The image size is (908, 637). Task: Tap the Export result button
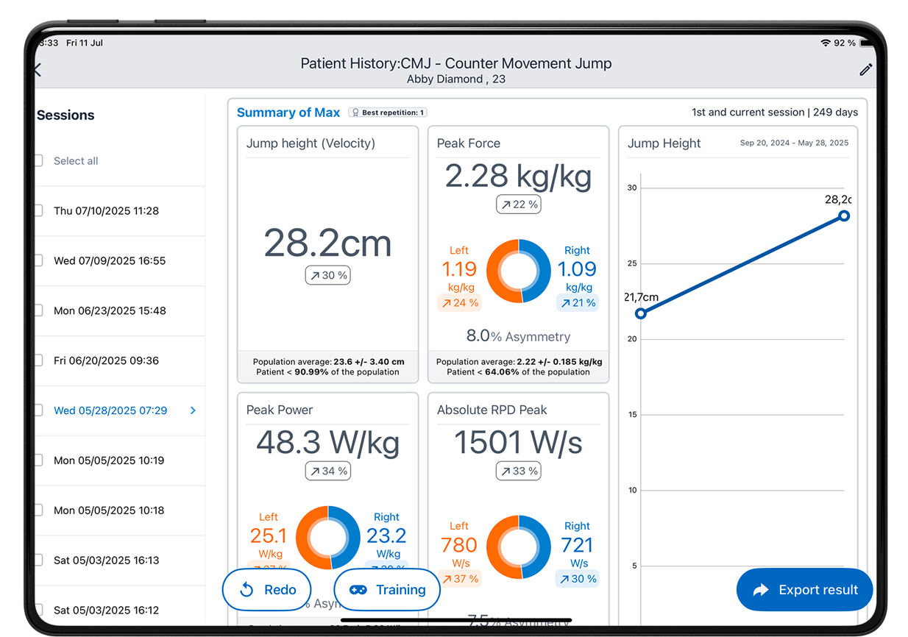pos(804,590)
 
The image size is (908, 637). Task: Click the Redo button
pos(267,590)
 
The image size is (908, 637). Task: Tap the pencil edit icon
pos(866,70)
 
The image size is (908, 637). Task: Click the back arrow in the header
pos(38,70)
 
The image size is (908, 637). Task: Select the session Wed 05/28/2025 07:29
pos(110,410)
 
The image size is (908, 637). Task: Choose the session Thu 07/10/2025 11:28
pos(106,210)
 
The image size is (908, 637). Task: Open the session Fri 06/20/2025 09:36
pos(106,360)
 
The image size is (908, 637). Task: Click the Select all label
pos(76,161)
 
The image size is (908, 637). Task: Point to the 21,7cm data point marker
pos(641,313)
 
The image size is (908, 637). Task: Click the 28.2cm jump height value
pos(327,243)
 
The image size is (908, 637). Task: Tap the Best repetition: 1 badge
pos(388,113)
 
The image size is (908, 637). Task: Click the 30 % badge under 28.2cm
pos(327,275)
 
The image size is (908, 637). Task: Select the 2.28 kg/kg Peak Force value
pos(518,177)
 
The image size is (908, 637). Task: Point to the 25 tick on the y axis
pos(632,263)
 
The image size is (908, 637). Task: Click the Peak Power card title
pos(280,410)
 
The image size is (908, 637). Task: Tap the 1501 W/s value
pos(518,443)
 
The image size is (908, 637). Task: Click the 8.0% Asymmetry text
pos(518,336)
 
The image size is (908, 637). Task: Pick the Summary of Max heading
pos(288,113)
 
